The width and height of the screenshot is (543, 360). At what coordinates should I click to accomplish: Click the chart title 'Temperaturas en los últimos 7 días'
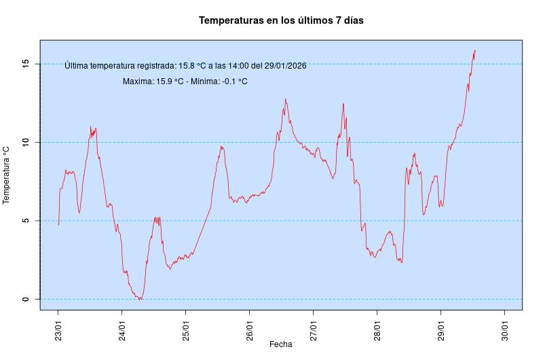click(281, 21)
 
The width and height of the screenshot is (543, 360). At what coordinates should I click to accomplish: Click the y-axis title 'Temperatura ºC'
click(7, 175)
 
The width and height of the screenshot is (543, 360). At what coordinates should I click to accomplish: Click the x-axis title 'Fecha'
click(281, 344)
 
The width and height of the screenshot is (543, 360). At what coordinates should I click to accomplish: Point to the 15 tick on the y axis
click(25, 64)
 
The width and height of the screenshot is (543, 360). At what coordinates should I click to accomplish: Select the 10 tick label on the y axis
click(25, 142)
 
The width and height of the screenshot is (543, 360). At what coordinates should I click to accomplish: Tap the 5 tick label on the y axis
click(25, 221)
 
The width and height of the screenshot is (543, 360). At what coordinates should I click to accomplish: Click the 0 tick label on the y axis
click(25, 299)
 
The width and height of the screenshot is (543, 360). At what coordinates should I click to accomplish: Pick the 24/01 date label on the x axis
click(121, 325)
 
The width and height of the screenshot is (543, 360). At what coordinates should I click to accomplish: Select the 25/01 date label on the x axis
click(185, 325)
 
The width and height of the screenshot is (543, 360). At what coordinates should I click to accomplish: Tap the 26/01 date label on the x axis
click(249, 325)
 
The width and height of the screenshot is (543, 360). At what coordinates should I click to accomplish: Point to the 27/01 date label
click(313, 325)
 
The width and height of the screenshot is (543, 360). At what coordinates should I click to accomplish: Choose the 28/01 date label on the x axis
click(377, 325)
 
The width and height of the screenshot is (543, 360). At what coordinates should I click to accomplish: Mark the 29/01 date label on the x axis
click(441, 325)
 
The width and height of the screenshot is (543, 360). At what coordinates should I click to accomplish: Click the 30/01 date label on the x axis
click(504, 325)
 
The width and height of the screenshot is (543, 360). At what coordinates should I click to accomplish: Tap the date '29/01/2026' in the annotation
click(285, 66)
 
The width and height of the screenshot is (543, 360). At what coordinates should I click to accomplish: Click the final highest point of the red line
click(475, 50)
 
